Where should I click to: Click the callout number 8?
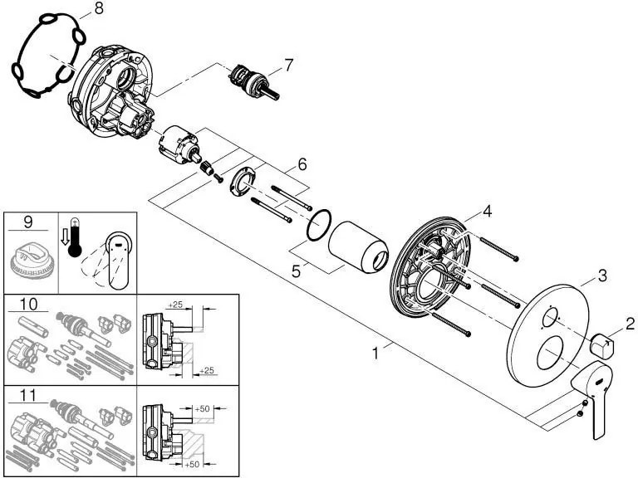[x=99, y=9]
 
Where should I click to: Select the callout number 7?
[x=288, y=63]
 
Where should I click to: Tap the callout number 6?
[x=302, y=164]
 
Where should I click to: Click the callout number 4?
[x=488, y=212]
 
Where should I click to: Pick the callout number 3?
[x=602, y=276]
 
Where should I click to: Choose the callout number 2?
[x=630, y=324]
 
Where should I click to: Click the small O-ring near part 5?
[x=320, y=227]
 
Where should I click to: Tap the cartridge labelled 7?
[x=253, y=82]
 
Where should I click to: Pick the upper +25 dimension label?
[x=177, y=305]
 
